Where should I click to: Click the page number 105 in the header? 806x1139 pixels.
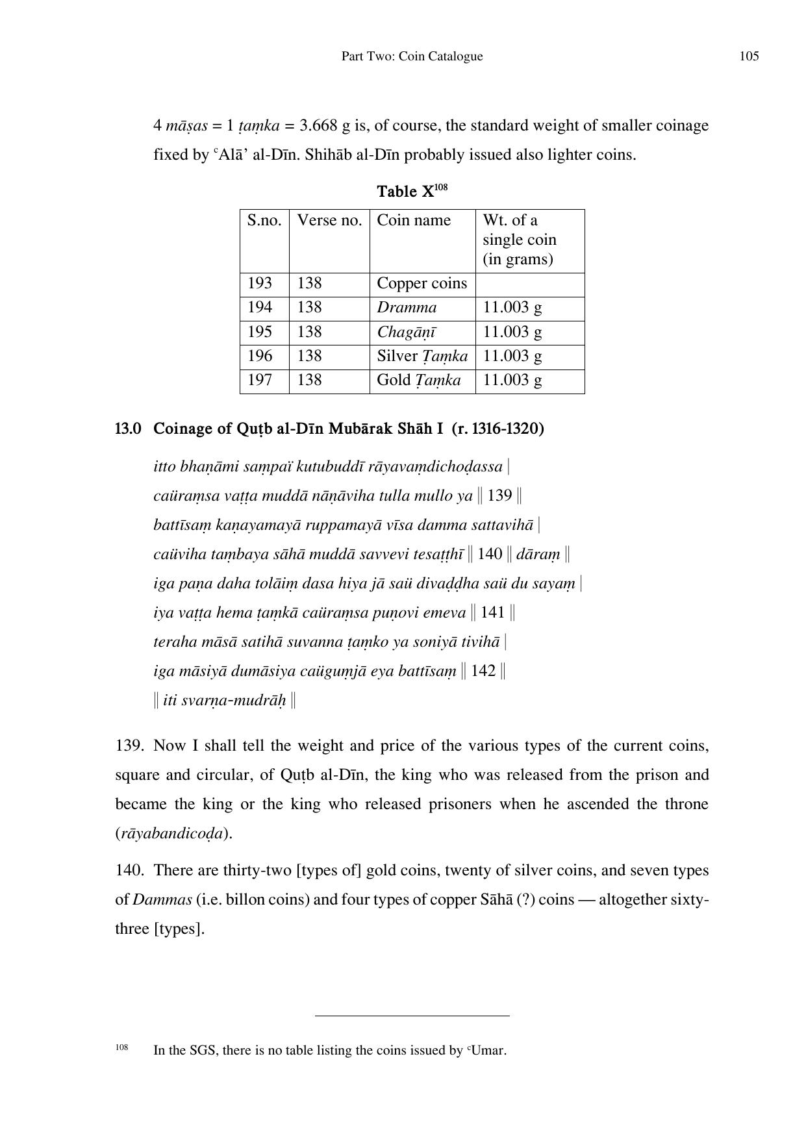coord(749,56)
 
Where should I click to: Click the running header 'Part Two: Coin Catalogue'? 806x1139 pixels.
coord(412,56)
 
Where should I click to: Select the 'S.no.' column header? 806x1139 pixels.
coord(264,220)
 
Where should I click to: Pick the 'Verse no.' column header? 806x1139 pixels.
coord(329,220)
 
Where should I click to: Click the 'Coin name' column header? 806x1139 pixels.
coord(414,220)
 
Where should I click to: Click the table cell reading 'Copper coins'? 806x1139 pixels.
coord(422,284)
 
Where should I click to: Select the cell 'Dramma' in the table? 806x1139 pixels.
coord(407,308)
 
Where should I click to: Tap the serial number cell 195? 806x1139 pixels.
coord(260,332)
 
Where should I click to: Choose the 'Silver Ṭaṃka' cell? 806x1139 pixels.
coord(422,356)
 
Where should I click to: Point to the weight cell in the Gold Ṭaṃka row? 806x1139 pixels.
coord(512,380)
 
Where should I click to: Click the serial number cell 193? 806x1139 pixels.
coord(260,284)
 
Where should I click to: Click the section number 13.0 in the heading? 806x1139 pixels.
coord(128,429)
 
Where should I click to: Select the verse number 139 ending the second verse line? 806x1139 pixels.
coord(499,496)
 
